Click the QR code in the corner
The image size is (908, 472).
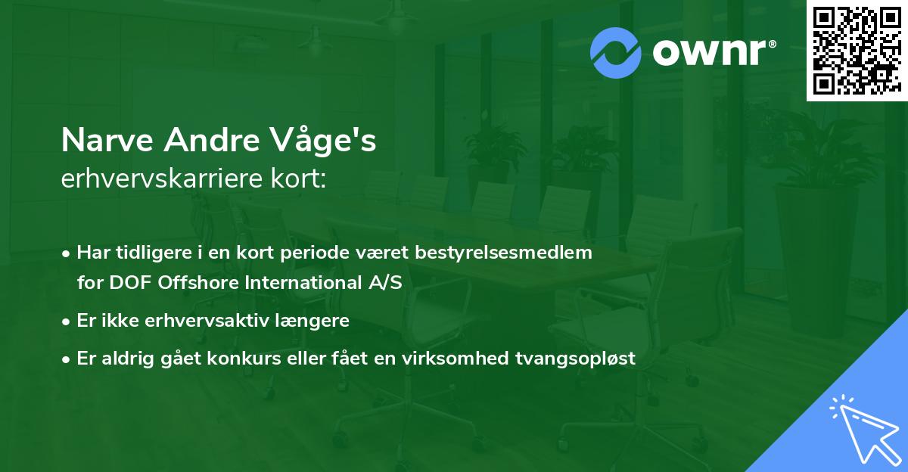pyautogui.click(x=857, y=51)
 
